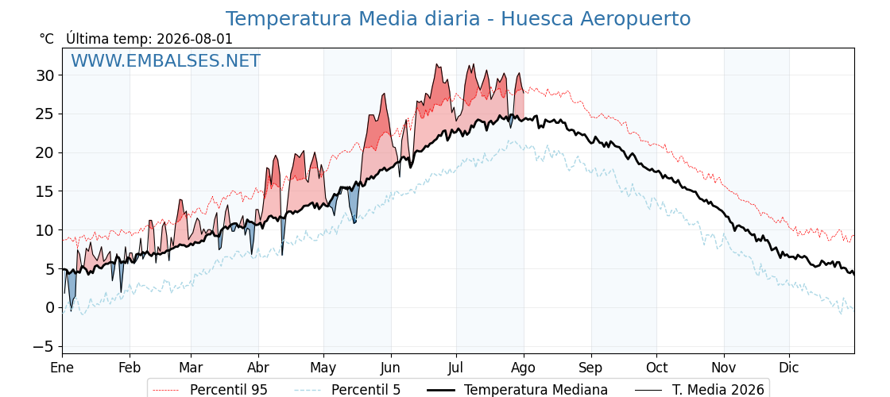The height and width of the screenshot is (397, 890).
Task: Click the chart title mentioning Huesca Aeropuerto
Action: pyautogui.click(x=458, y=19)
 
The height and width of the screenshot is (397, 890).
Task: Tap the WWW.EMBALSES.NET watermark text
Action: pyautogui.click(x=166, y=60)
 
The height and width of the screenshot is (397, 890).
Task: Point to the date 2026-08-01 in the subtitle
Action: pyautogui.click(x=194, y=39)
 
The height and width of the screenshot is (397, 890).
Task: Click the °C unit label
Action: pyautogui.click(x=47, y=39)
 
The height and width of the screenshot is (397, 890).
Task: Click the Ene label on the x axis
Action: pyautogui.click(x=62, y=368)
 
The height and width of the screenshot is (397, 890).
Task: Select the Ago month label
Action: pyautogui.click(x=524, y=368)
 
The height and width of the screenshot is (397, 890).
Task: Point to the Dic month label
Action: pyautogui.click(x=789, y=368)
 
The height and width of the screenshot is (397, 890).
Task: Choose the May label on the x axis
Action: pyautogui.click(x=323, y=368)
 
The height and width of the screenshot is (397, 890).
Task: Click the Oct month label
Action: pyautogui.click(x=656, y=368)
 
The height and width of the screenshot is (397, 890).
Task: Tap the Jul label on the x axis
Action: pyautogui.click(x=456, y=368)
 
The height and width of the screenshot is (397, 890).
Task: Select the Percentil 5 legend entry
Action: pyautogui.click(x=348, y=390)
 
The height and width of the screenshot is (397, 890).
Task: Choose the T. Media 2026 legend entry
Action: pyautogui.click(x=699, y=390)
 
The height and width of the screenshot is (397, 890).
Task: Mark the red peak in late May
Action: pyautogui.click(x=384, y=94)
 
